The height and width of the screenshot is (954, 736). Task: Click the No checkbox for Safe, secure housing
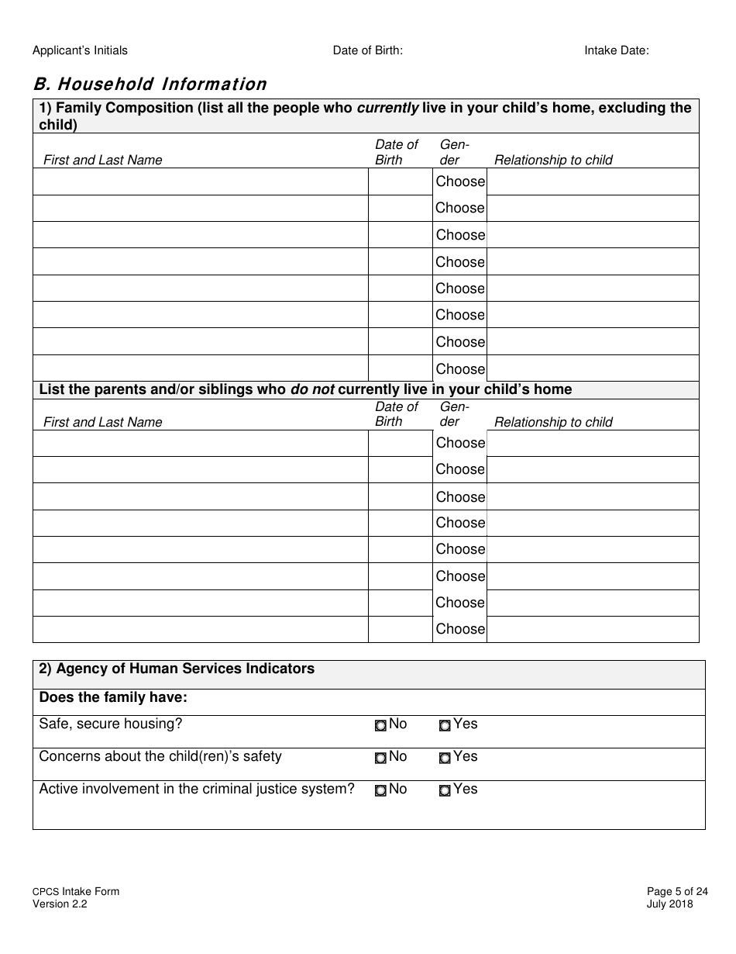tap(380, 726)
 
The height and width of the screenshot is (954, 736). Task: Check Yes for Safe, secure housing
tap(445, 726)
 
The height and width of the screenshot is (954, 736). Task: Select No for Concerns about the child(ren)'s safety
tap(380, 759)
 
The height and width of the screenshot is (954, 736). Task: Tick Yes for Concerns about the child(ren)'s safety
tap(445, 759)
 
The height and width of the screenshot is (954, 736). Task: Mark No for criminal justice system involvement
tap(380, 791)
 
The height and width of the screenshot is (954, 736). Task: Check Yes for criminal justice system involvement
tap(445, 791)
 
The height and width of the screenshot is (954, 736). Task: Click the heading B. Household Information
tap(150, 84)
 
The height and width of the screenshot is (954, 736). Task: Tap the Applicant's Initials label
tap(80, 50)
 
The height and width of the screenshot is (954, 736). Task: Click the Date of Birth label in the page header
tap(367, 50)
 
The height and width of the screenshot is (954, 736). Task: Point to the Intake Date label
tap(616, 50)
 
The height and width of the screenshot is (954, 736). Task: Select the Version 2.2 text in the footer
tap(60, 904)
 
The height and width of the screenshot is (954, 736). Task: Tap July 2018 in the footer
tap(669, 904)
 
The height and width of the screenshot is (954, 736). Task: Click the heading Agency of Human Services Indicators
tap(177, 669)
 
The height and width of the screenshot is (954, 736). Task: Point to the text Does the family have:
tap(113, 697)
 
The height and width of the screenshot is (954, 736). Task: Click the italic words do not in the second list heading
tap(312, 389)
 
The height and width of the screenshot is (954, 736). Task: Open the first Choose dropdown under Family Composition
tap(460, 181)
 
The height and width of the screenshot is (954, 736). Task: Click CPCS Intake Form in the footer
tap(76, 892)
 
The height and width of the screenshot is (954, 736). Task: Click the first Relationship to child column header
tap(553, 160)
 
